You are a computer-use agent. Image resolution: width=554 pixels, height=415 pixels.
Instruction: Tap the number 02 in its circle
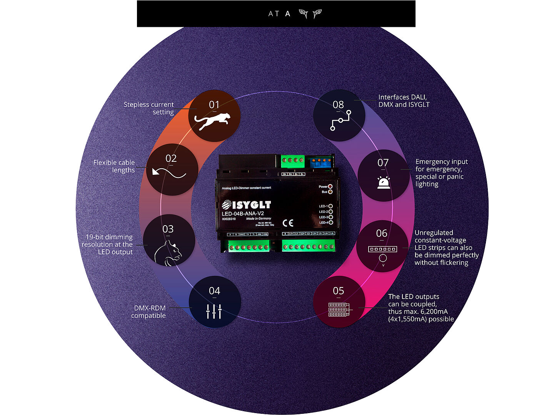[x=171, y=158]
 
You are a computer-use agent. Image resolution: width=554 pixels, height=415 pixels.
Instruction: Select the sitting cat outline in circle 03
[x=168, y=253]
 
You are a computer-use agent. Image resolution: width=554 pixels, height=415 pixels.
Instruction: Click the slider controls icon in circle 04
[x=214, y=311]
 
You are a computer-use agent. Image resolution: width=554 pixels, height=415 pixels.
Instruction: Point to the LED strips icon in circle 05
[x=339, y=309]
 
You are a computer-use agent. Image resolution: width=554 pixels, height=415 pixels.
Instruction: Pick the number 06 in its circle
[x=382, y=233]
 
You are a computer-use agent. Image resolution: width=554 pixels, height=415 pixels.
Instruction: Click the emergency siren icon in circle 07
[x=384, y=183]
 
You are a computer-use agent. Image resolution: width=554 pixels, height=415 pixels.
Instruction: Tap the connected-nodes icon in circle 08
[x=340, y=120]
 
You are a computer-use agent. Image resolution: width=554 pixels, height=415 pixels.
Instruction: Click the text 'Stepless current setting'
[x=149, y=108]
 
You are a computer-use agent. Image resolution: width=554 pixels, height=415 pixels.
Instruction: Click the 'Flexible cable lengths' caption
[x=114, y=166]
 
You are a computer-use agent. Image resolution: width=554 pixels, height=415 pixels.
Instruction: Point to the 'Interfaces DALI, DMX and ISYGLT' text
[x=404, y=101]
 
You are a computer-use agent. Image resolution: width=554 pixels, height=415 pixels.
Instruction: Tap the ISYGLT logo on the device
[x=247, y=205]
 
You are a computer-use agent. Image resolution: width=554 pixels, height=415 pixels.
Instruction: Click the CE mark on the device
[x=288, y=223]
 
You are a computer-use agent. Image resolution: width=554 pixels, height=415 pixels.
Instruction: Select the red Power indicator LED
[x=330, y=186]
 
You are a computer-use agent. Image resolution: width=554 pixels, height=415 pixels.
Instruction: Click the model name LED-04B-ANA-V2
[x=243, y=214]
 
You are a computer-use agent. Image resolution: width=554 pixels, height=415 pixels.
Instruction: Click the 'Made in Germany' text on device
[x=259, y=219]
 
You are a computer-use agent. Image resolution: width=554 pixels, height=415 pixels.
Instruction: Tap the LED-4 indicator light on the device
[x=330, y=222]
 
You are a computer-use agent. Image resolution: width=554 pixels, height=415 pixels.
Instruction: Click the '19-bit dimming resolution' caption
[x=107, y=244]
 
